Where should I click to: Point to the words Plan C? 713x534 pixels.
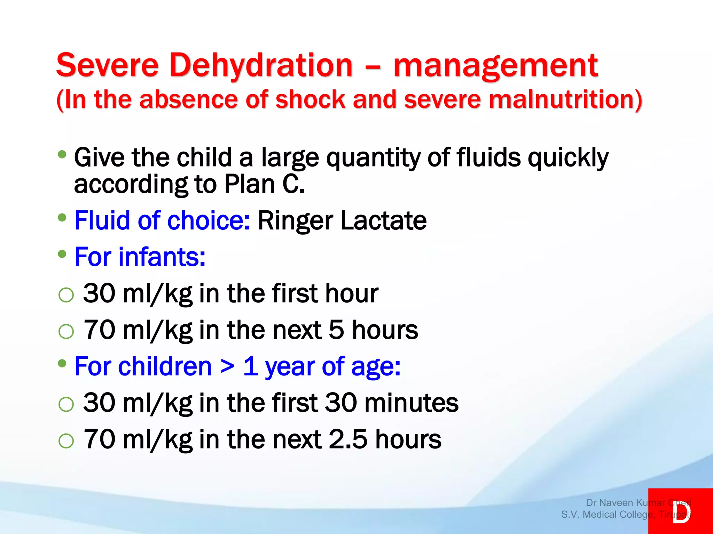(x=264, y=184)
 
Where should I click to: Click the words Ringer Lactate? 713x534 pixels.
(x=342, y=220)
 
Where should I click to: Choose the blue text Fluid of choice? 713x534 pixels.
(x=162, y=220)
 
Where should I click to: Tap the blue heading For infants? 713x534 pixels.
(x=140, y=257)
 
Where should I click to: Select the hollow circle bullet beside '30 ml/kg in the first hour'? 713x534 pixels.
(x=66, y=295)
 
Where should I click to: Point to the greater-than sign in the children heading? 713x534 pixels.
(x=227, y=366)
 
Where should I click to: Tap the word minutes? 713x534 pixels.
(x=412, y=403)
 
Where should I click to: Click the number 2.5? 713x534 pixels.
(x=348, y=439)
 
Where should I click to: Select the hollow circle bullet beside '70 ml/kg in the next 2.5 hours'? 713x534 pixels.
(x=66, y=441)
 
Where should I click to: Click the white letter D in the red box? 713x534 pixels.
(x=681, y=511)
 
